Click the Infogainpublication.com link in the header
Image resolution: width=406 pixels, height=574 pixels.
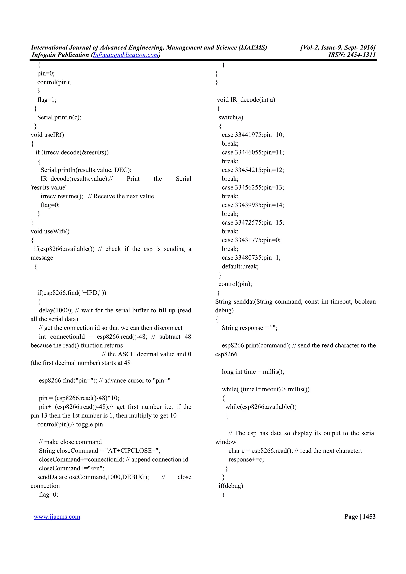(125, 55)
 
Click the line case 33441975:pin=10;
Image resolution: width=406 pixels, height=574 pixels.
(253, 135)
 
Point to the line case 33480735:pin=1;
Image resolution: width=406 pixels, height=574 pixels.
(251, 258)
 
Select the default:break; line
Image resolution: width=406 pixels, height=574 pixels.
(240, 267)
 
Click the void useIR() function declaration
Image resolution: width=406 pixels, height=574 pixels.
(47, 135)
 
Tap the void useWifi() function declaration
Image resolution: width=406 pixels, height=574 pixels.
(50, 232)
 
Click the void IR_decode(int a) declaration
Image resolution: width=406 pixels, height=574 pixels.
(246, 100)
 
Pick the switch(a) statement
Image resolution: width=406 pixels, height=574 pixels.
(231, 117)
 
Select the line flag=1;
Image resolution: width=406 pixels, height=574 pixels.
(47, 100)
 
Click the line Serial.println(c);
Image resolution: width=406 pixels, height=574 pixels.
(59, 117)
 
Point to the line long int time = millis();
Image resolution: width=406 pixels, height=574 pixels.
(253, 372)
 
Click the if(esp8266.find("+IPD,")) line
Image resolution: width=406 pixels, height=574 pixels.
(72, 293)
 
